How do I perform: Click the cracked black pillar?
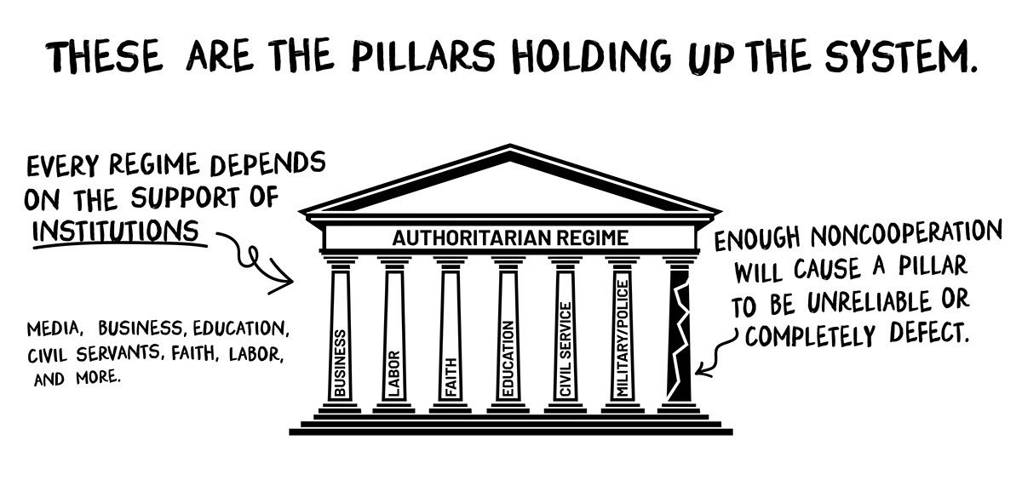[680, 336]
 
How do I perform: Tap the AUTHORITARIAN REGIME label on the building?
[510, 237]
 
